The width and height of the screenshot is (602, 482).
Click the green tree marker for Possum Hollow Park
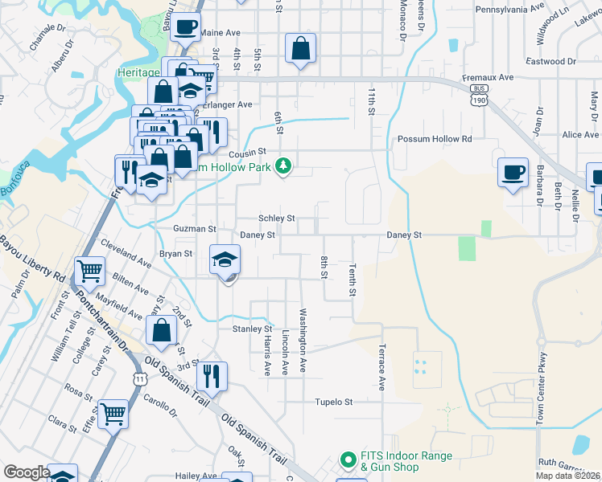[x=282, y=166]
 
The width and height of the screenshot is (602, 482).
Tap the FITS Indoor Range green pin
[x=348, y=460]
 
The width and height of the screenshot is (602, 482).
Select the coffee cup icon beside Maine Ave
[x=186, y=27]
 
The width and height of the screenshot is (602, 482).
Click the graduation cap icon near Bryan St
[x=225, y=259]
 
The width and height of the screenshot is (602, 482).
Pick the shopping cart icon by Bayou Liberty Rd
[x=89, y=271]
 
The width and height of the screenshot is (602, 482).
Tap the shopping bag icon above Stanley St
[x=162, y=329]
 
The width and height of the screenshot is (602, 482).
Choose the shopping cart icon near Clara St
[x=113, y=414]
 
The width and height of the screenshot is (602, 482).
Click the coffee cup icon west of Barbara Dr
[x=513, y=172]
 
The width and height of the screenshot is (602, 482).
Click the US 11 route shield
[x=140, y=378]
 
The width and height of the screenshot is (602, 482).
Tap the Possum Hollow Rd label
[x=434, y=139]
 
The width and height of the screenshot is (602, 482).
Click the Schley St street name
[x=276, y=218]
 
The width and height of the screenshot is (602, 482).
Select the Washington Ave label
[x=303, y=341]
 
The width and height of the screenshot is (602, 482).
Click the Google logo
[x=27, y=472]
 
